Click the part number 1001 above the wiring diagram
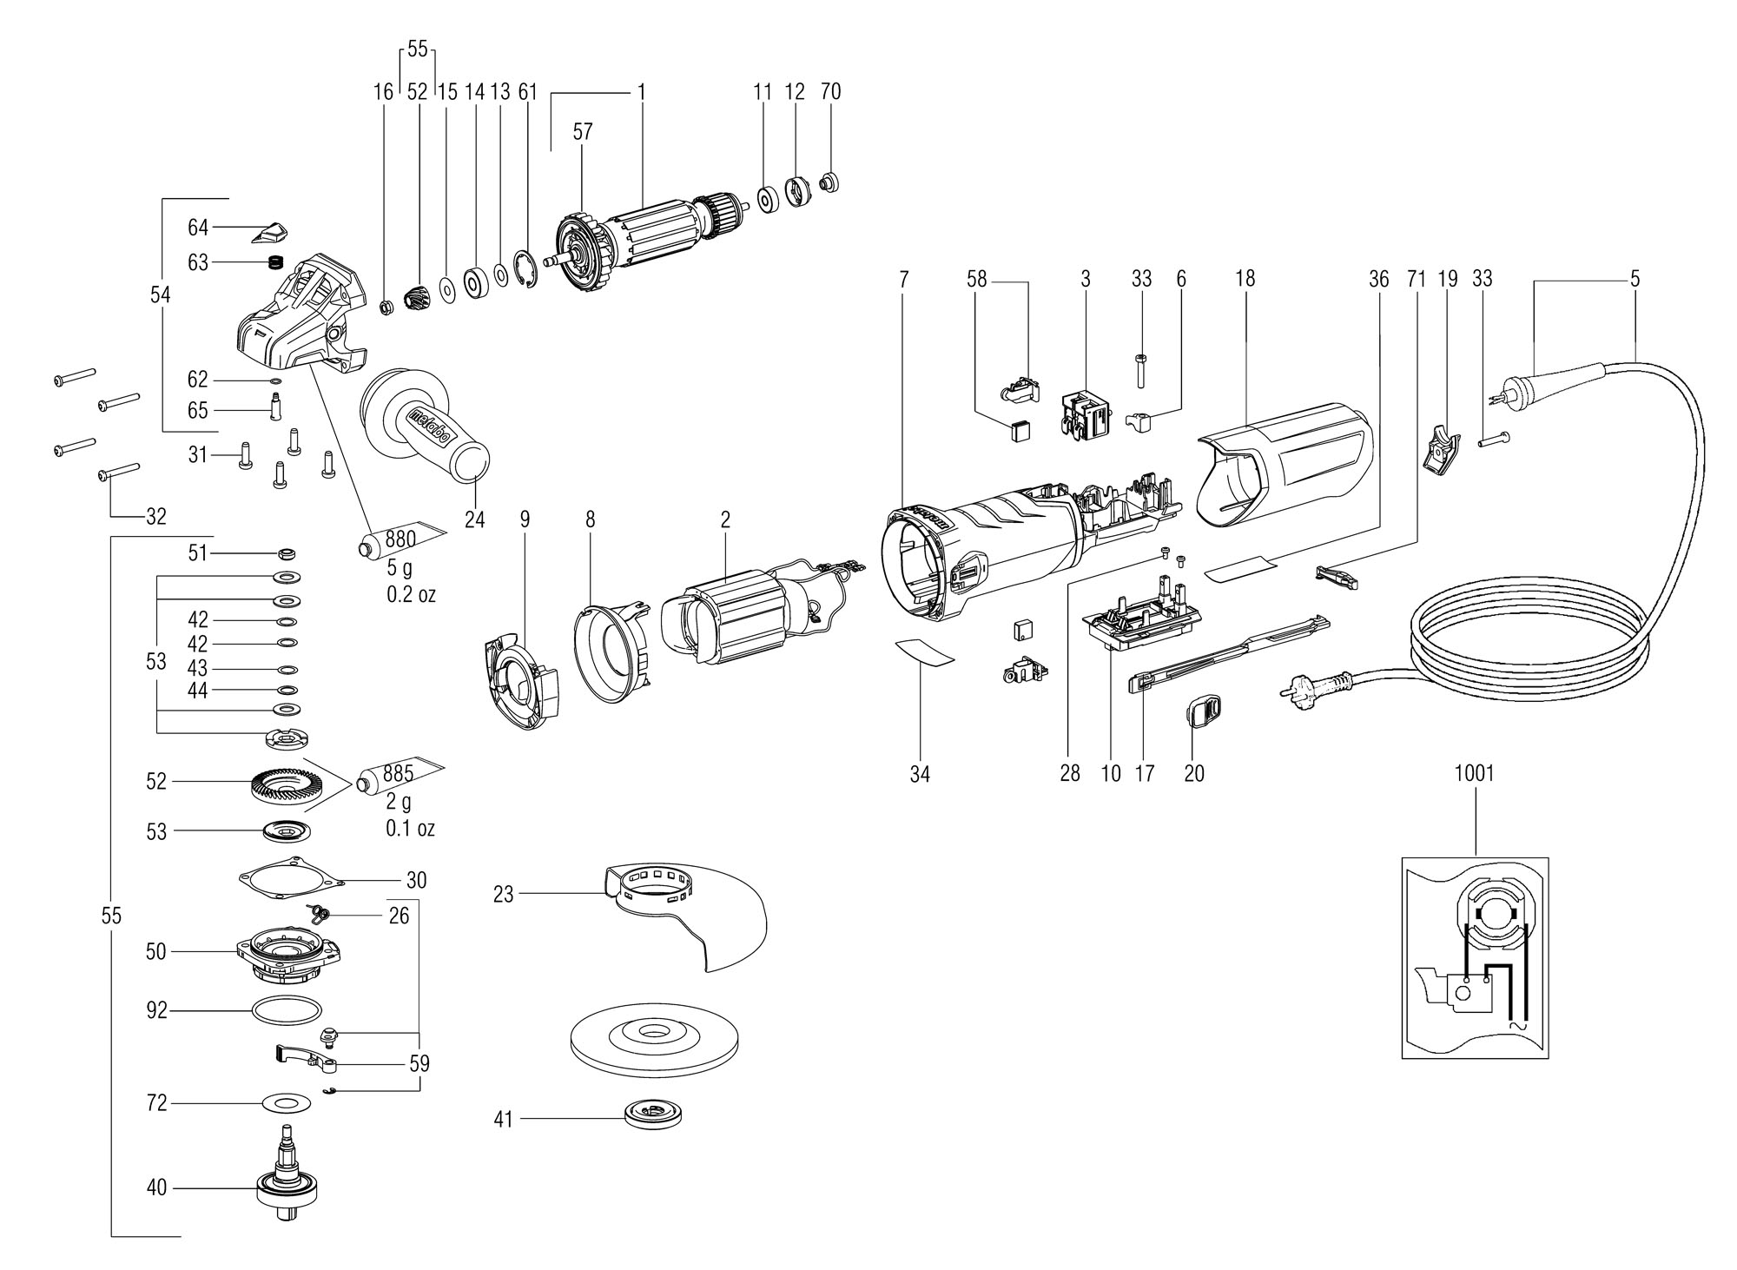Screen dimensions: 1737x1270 (1475, 772)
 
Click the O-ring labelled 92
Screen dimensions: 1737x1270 (286, 1011)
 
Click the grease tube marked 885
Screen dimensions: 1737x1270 (400, 777)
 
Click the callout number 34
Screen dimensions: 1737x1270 (920, 773)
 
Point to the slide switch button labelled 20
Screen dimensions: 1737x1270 (1200, 713)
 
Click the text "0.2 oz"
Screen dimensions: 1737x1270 (411, 595)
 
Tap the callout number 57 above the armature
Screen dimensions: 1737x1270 (582, 131)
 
